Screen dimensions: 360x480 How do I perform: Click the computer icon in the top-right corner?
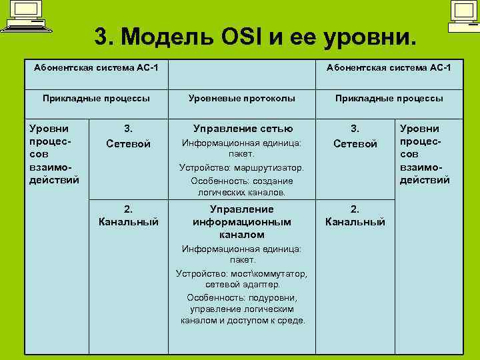pos(462,17)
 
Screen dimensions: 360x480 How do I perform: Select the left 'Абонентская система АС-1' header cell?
pos(96,68)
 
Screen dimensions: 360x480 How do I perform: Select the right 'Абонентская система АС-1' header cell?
pos(388,68)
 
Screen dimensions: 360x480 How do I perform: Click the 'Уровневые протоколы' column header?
pos(241,98)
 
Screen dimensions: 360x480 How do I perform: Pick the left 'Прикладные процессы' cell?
pos(96,98)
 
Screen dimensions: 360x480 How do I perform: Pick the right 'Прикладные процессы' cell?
pos(388,98)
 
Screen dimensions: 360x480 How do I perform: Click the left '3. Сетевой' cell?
pos(129,136)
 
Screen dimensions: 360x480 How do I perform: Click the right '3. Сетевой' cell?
pos(355,136)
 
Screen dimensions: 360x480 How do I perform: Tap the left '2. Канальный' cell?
pos(129,215)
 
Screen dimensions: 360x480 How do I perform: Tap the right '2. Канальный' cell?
pos(355,215)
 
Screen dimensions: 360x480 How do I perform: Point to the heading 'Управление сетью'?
pos(242,129)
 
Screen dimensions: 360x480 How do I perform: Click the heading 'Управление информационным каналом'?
pos(242,221)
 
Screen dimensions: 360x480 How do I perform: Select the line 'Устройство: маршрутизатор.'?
pos(241,167)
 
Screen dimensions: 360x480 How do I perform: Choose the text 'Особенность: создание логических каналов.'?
pos(241,186)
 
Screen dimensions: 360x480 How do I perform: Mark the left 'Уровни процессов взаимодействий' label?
pos(55,153)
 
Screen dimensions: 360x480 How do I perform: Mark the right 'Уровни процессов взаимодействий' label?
pos(425,153)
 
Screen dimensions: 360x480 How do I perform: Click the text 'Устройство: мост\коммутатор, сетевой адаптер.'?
pos(241,279)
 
